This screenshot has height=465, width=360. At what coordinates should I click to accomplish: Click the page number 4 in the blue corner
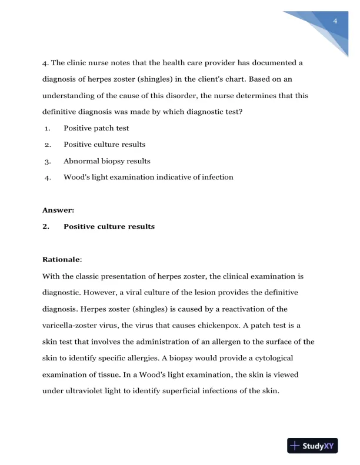click(x=334, y=22)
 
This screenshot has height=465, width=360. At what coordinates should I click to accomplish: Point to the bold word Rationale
click(x=62, y=259)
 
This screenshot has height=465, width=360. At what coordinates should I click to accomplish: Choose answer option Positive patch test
click(x=96, y=128)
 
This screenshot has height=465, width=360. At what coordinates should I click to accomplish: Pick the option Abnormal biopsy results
click(x=106, y=160)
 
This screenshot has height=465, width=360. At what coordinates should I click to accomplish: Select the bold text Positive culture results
click(x=109, y=226)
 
